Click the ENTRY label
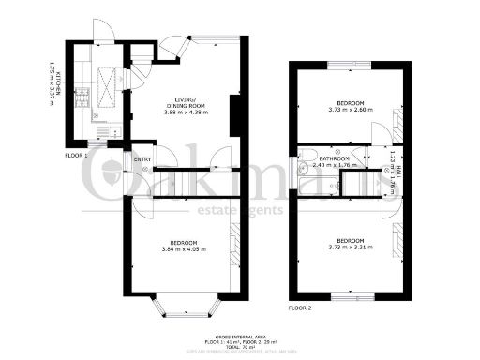coord(142,159)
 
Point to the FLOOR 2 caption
coord(299,307)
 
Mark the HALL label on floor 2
coord(398,172)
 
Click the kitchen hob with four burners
coord(82,97)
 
